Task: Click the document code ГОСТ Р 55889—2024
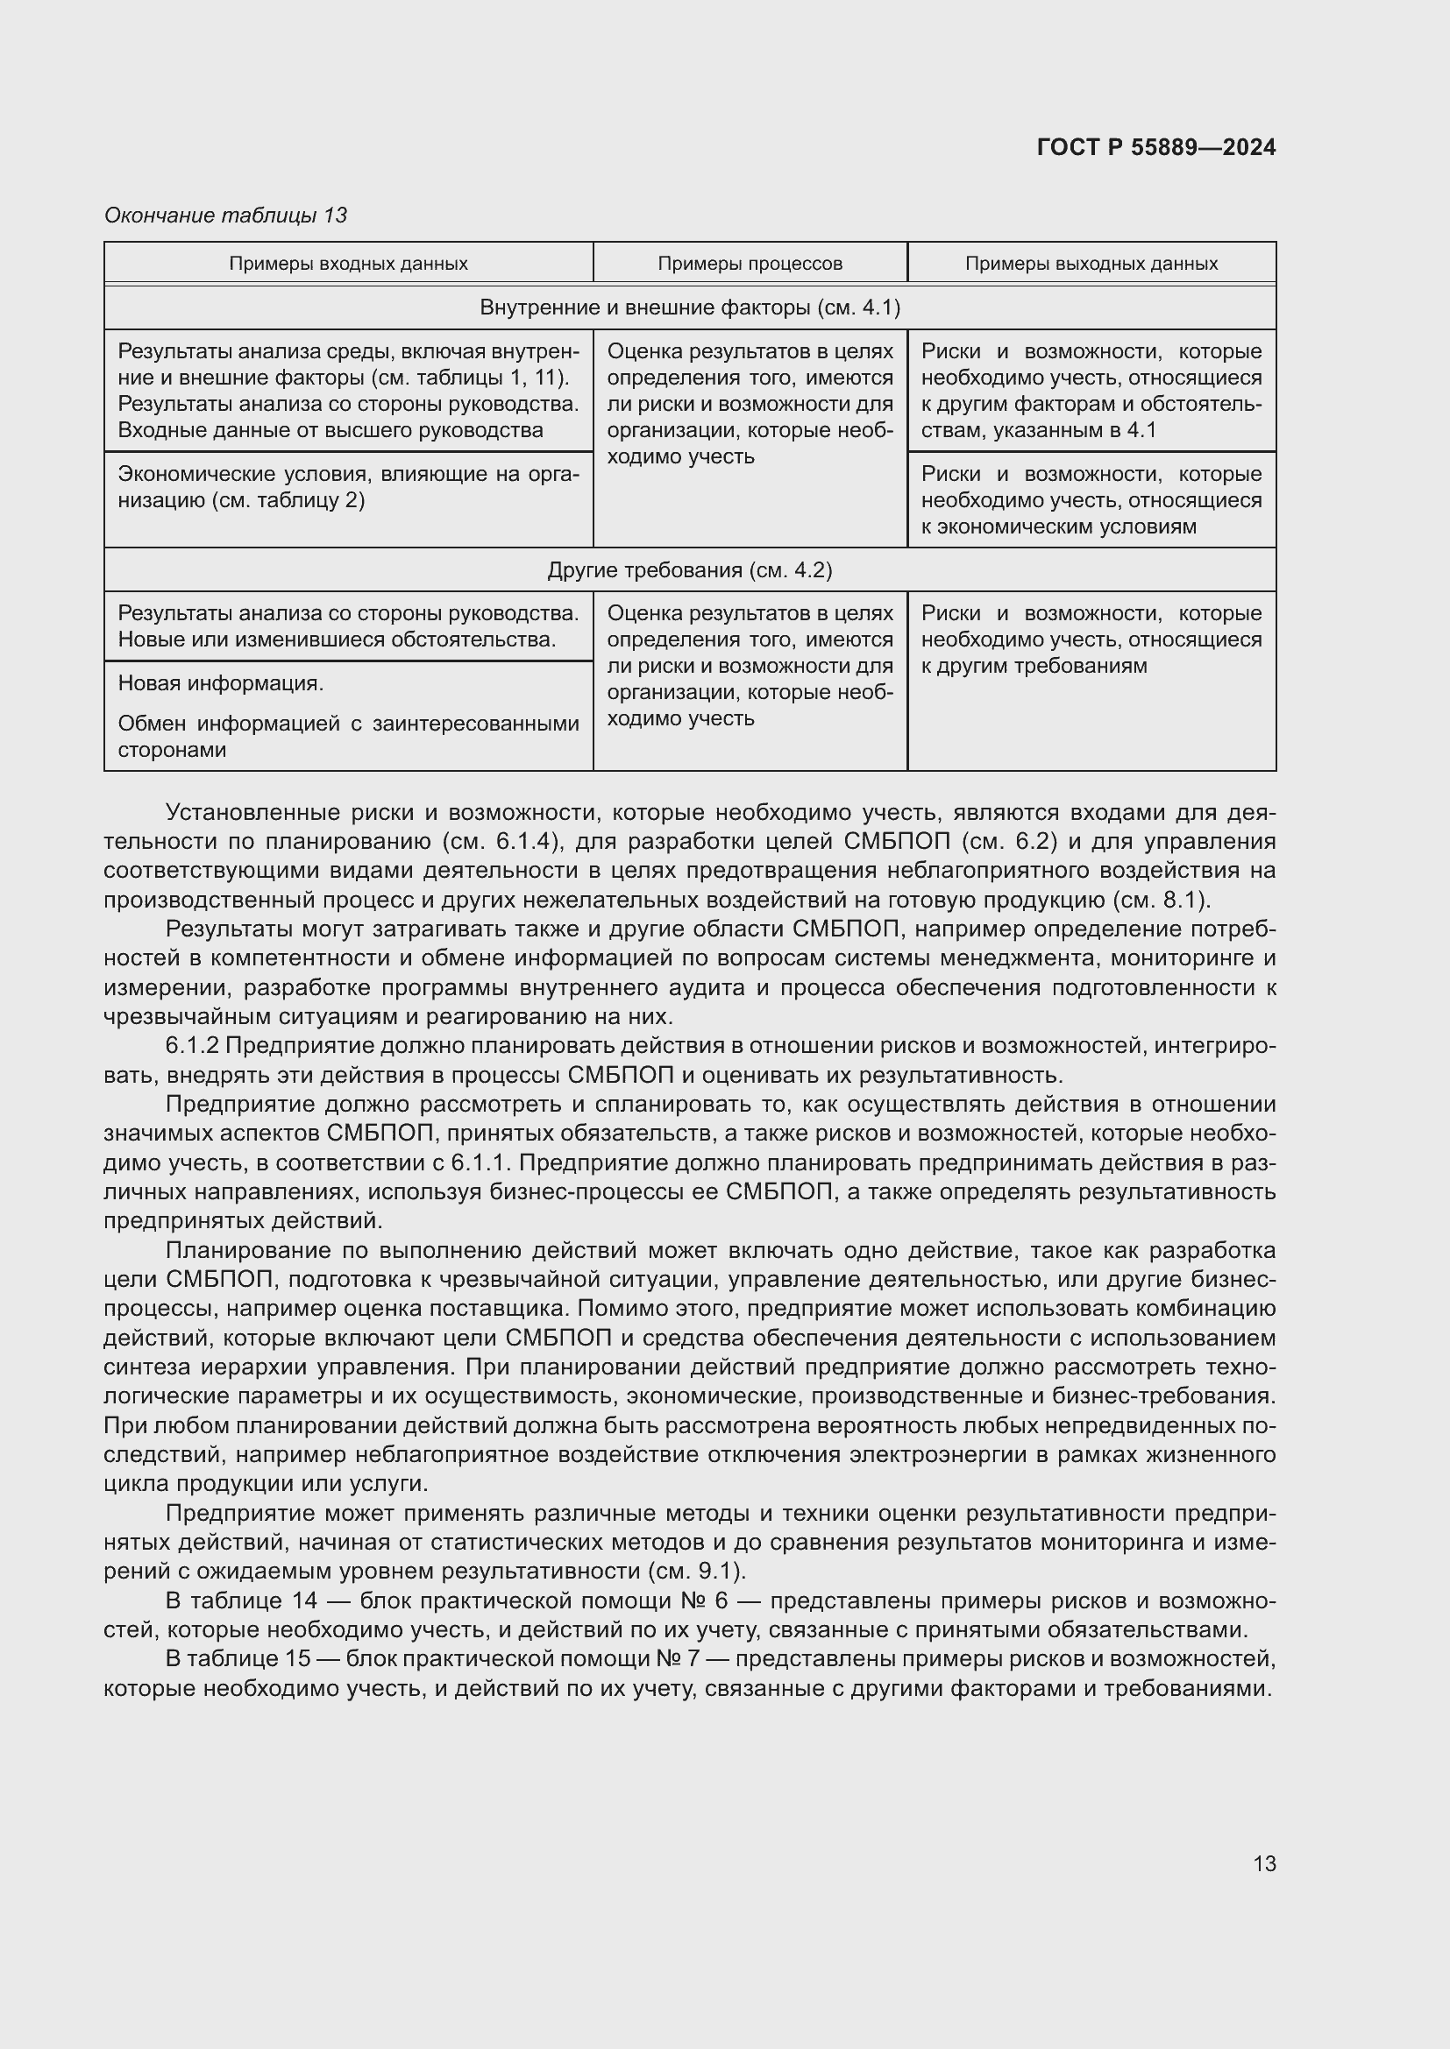1156,148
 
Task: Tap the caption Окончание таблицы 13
226,216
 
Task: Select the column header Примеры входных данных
348,265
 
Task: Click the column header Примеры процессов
750,265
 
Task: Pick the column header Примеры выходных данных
1091,265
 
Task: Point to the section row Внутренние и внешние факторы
689,307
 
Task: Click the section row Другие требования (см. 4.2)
689,570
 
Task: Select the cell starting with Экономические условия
348,487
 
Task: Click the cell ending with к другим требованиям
1091,639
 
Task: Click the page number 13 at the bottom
1264,1863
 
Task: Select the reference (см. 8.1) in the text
1161,900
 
